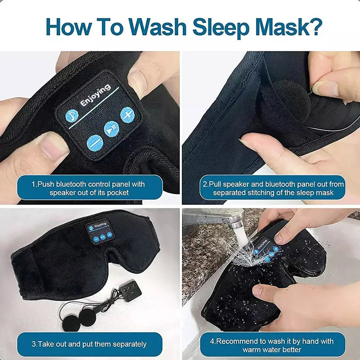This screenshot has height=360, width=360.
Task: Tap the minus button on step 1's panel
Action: point(95,143)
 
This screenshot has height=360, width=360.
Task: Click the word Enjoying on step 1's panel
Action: point(95,95)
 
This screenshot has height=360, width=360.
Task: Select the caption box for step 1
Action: point(90,188)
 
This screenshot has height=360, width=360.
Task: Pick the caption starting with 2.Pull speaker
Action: point(273,188)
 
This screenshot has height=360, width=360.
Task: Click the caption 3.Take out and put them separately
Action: point(90,344)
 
